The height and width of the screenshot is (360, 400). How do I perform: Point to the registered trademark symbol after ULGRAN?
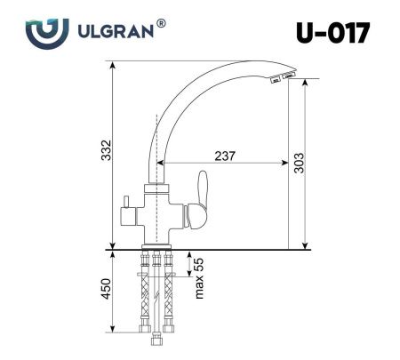(162, 24)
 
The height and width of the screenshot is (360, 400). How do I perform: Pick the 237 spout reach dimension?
(225, 156)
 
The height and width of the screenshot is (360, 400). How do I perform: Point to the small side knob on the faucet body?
(127, 205)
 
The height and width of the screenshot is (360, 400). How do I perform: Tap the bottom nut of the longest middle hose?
(156, 343)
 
